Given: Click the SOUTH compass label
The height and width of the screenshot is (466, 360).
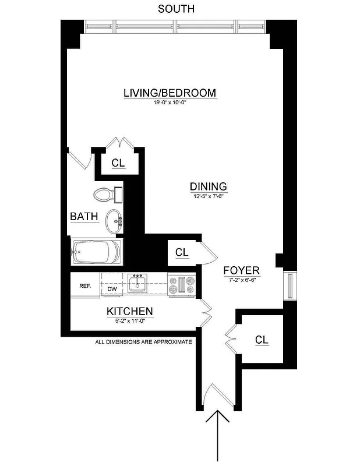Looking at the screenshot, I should (x=177, y=9).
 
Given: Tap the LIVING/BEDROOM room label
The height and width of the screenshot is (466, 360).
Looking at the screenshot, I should (x=170, y=93).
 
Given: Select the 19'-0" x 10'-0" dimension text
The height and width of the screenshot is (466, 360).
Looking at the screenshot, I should (x=170, y=103).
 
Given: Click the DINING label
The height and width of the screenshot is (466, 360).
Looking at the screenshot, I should (x=208, y=186).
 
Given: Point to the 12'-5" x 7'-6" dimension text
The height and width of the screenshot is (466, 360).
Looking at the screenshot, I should (x=208, y=196).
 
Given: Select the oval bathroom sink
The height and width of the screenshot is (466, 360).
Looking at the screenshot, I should (x=114, y=221).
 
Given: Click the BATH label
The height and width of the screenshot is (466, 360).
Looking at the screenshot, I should (x=84, y=217).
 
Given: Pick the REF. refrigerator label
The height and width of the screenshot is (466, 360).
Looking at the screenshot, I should (x=85, y=285).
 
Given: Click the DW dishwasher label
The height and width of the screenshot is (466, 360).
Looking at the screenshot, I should (x=112, y=288).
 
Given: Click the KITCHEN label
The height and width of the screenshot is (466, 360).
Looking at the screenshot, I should (x=129, y=312).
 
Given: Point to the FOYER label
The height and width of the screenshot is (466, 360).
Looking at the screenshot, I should (x=242, y=271).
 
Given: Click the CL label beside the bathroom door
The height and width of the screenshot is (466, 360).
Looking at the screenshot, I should (x=118, y=163).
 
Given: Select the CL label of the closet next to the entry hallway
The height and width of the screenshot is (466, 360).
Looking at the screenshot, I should (x=262, y=340).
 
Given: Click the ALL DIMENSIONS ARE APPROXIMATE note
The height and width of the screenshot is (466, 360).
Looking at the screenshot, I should (x=143, y=342).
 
